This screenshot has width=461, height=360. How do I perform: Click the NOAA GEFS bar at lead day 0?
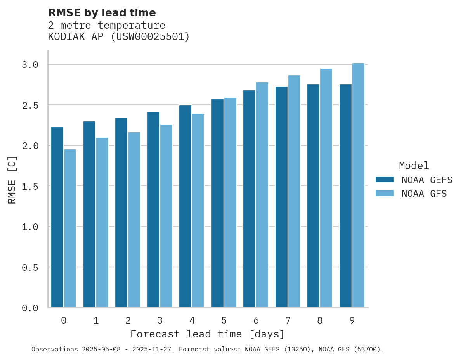coord(57,217)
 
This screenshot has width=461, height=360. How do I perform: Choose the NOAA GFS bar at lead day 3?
coord(166,216)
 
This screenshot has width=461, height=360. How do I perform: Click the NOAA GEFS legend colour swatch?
coord(385,180)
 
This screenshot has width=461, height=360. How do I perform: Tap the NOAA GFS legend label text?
coord(424,194)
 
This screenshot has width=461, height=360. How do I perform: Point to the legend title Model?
coord(414,166)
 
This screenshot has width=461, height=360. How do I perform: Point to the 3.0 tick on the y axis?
coord(30,64)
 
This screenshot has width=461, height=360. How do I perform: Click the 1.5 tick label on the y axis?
coord(30,186)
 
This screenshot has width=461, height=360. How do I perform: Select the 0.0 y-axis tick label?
coord(30,308)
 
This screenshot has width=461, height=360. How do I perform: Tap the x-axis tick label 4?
coord(192,320)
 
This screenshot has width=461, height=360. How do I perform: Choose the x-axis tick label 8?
coord(320,320)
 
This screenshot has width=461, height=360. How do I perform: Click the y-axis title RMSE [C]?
coord(12,180)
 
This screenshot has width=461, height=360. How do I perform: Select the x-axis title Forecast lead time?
coord(208,334)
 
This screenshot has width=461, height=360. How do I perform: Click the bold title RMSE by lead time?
coord(102,13)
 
